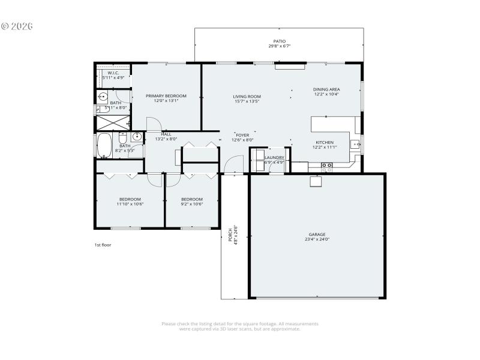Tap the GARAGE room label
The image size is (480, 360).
coord(317,235)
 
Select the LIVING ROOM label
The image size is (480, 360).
coord(247,96)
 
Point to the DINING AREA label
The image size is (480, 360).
coord(326,89)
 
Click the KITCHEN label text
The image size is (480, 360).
coord(325,143)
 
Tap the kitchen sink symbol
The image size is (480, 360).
coord(355,143)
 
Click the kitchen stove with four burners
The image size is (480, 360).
coord(327,167)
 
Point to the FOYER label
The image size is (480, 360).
coord(242,135)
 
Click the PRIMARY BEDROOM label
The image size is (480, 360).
coord(166,96)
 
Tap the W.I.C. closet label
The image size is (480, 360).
coord(113,73)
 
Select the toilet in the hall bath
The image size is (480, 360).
coord(122,137)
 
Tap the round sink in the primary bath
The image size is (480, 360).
coord(103,96)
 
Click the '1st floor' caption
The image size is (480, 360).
coord(103,245)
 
